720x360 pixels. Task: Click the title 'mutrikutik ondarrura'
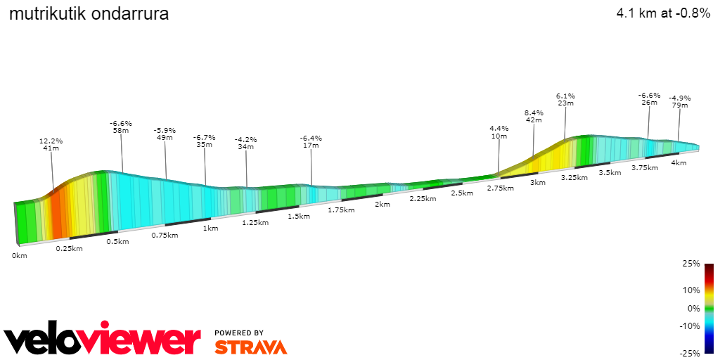pyautogui.click(x=89, y=13)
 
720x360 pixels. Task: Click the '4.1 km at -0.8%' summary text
pyautogui.click(x=663, y=13)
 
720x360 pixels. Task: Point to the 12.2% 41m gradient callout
pyautogui.click(x=51, y=144)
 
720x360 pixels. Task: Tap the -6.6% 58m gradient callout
pyautogui.click(x=121, y=127)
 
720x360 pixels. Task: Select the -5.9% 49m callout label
pyautogui.click(x=165, y=134)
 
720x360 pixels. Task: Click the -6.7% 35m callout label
pyautogui.click(x=205, y=141)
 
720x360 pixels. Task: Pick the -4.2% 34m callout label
pyautogui.click(x=245, y=143)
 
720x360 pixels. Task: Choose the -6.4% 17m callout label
pyautogui.click(x=311, y=142)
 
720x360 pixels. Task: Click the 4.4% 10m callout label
pyautogui.click(x=499, y=132)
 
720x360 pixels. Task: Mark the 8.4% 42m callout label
pyautogui.click(x=534, y=116)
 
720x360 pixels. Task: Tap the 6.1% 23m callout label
pyautogui.click(x=565, y=99)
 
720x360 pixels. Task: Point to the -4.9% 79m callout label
pyautogui.click(x=679, y=102)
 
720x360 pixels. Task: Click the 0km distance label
pyautogui.click(x=19, y=255)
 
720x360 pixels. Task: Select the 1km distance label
pyautogui.click(x=210, y=228)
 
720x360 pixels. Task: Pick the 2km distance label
pyautogui.click(x=382, y=205)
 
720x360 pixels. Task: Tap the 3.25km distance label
pyautogui.click(x=574, y=178)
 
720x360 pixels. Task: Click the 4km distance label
pyautogui.click(x=679, y=163)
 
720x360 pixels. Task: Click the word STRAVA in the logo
pyautogui.click(x=250, y=347)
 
